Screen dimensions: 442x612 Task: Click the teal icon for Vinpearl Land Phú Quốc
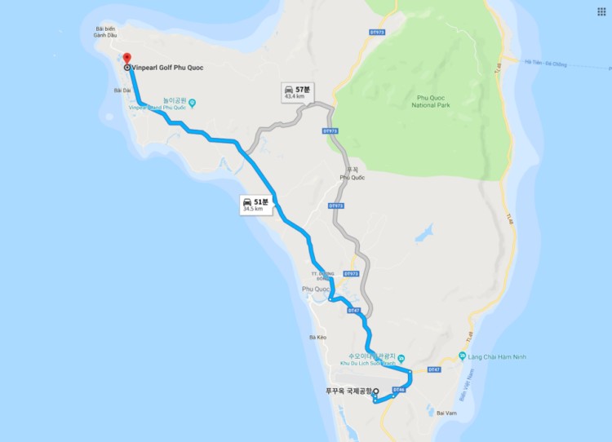[193, 102]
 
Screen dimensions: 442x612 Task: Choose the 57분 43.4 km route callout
[294, 91]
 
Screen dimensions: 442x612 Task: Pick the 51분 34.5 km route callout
[255, 204]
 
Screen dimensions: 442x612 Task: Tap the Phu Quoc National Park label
[435, 101]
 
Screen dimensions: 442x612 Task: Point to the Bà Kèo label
[318, 337]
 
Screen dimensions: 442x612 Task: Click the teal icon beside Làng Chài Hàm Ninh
[462, 356]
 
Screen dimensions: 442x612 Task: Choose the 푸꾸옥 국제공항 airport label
[348, 391]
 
